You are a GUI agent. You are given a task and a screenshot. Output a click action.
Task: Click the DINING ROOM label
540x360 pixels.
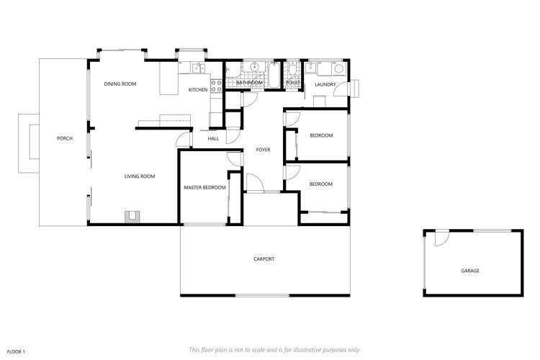pos(120,84)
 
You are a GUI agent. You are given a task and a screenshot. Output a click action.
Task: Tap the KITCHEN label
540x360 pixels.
pos(198,90)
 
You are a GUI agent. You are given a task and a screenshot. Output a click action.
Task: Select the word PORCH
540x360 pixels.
pos(65,138)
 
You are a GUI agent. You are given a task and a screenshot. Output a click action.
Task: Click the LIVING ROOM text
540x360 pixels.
pos(140,176)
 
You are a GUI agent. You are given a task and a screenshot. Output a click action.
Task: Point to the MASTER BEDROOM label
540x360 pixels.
pos(204,188)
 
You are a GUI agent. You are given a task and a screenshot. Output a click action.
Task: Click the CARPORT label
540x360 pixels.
pos(264,259)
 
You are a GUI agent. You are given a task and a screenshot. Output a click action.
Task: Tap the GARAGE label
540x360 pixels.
pos(470,271)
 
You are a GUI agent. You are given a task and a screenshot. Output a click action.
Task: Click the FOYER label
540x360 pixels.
pos(263,150)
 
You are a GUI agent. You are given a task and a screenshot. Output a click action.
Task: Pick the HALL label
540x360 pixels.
pos(213,138)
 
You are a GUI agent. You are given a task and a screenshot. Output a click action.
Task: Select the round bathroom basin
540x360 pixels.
pos(253,68)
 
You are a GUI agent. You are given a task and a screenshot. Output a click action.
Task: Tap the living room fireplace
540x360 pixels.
pos(131,216)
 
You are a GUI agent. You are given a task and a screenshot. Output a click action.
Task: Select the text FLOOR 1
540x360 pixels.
pos(16,351)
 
